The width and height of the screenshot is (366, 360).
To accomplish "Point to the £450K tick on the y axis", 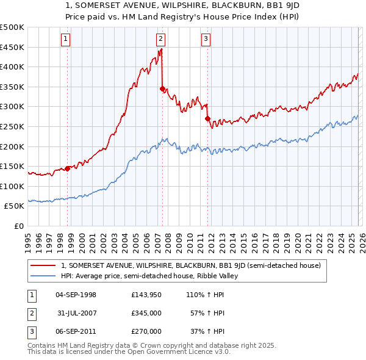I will [12, 47].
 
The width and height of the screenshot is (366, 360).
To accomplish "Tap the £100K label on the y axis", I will [12, 186].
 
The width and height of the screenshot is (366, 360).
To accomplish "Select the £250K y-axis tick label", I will [12, 126].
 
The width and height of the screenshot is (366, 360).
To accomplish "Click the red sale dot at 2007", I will [162, 88].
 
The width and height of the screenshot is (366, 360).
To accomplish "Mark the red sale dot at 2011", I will [207, 118].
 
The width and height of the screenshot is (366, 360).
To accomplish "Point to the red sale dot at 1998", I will [67, 168].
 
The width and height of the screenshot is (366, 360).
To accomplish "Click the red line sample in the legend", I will [43, 265].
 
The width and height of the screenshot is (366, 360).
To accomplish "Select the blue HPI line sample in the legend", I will [43, 276].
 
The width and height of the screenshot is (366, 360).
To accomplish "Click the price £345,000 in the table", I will [146, 313].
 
